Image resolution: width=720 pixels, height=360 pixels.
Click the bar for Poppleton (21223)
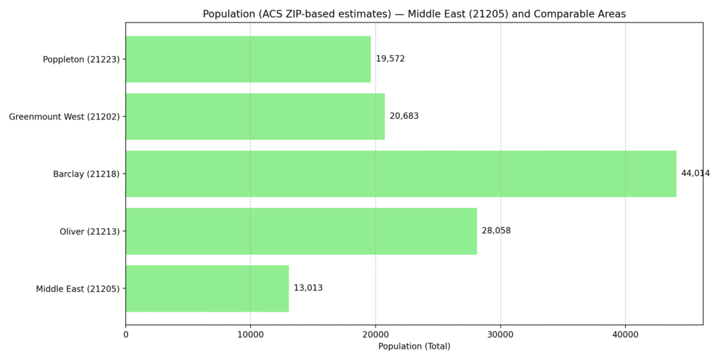tap(247, 59)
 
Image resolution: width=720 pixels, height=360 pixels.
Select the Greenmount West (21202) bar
tap(255, 116)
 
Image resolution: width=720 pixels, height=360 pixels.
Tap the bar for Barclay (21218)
tap(401, 174)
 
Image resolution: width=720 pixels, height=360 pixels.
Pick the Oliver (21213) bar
tap(301, 231)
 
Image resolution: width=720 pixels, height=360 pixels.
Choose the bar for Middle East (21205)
tap(207, 288)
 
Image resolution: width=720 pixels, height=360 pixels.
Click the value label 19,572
tap(390, 59)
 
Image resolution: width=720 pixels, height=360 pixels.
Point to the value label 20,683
tap(404, 116)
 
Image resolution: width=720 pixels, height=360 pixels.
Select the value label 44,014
tap(695, 174)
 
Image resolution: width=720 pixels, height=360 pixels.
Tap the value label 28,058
tap(496, 231)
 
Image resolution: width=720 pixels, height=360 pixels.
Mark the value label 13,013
tap(308, 288)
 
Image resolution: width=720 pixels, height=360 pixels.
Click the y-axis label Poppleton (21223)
tap(81, 60)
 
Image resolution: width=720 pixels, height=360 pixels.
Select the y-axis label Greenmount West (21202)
tap(64, 117)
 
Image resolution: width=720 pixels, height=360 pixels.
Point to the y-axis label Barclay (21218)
tap(86, 174)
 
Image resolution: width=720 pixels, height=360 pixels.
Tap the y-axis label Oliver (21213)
tap(89, 231)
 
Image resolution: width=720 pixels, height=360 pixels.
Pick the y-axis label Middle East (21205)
tap(77, 289)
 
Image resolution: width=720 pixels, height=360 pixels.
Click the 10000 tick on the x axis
tap(250, 335)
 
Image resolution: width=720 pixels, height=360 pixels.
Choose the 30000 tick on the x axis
tap(501, 335)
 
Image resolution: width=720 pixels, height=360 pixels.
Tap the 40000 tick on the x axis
tap(625, 335)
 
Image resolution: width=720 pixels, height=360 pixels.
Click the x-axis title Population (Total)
tap(414, 347)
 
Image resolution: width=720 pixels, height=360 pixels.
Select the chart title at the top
tap(414, 14)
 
